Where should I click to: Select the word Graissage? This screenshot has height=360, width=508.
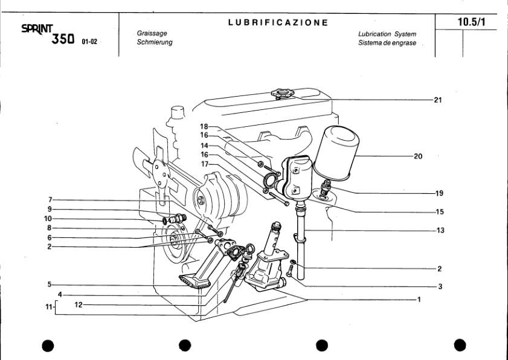tap(152, 34)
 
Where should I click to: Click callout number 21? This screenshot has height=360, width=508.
tap(438, 100)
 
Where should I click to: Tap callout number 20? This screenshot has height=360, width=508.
tap(418, 156)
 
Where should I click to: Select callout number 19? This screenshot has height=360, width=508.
tap(439, 193)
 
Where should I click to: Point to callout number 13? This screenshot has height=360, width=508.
tap(440, 230)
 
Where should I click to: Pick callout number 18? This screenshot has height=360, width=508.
tap(205, 127)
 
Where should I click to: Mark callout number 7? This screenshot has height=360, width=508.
tap(53, 199)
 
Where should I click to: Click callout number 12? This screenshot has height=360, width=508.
tap(78, 305)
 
